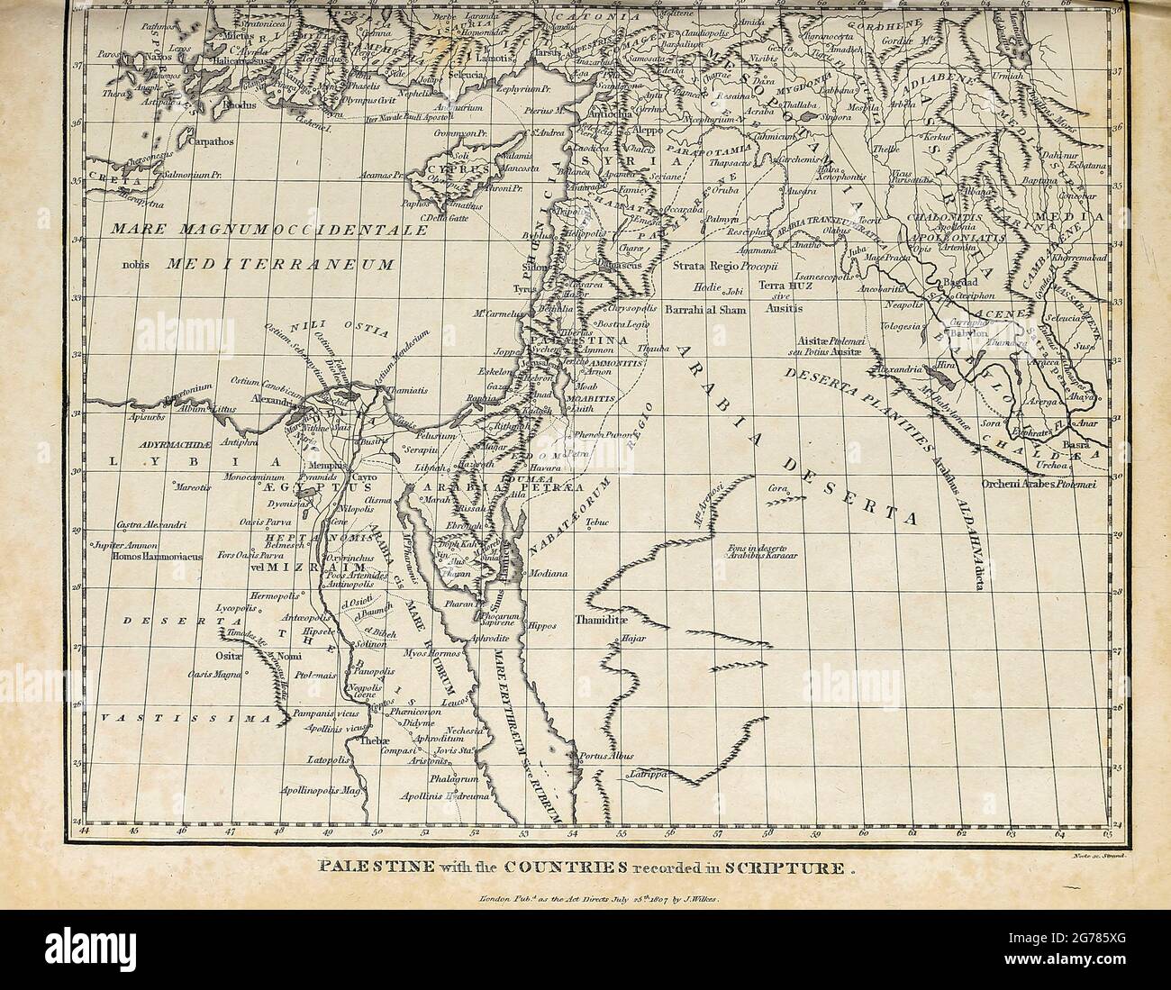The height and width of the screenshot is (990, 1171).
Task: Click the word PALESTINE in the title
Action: [352, 868]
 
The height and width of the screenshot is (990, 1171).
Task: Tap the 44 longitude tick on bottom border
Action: [86, 830]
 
